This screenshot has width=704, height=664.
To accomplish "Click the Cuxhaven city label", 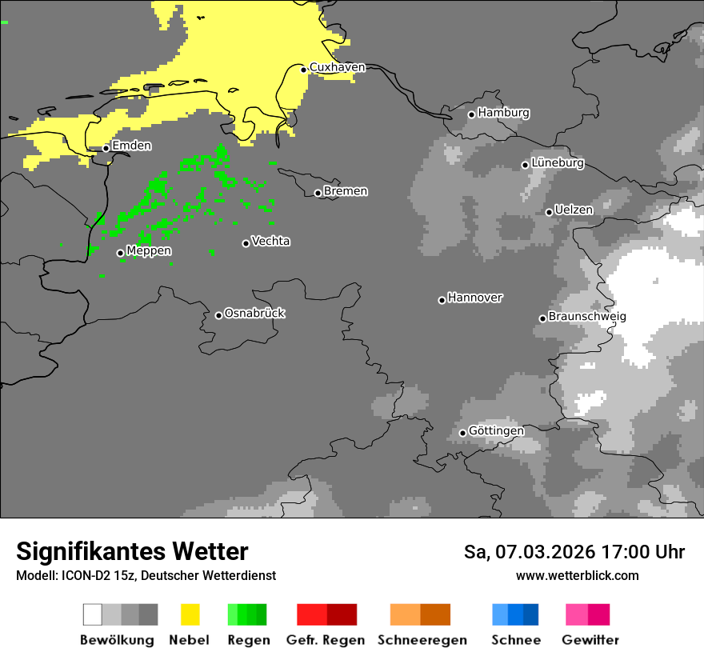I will coord(337,67).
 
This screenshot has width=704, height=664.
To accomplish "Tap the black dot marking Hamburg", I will coord(471,114).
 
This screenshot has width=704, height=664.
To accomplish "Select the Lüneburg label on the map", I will coord(558,162).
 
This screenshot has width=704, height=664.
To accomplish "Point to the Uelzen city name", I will coord(574,210).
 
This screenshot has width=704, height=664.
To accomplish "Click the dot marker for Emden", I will coord(106,148).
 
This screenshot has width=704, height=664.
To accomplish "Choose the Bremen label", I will coord(346,191).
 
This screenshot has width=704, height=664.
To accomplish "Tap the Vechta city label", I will coord(270,241).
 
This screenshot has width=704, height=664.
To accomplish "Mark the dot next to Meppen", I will coord(120,253).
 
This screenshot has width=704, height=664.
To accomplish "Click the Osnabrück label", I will coord(254,313).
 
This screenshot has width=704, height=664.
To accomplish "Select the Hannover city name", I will coord(474,298).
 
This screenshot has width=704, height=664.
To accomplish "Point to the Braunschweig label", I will coord(587,316).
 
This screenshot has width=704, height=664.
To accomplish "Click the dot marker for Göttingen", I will coord(462,433).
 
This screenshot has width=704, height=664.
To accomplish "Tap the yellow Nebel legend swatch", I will coord(190,614).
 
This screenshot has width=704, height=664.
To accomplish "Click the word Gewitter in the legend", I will coord(590,640).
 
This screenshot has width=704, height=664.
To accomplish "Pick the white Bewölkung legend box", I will coord(93,614).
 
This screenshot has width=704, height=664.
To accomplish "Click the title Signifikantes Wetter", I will coord(132,551).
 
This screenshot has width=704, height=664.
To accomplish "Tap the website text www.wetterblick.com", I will coord(577,575).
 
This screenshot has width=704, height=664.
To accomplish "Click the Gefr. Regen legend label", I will coord(325,640).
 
